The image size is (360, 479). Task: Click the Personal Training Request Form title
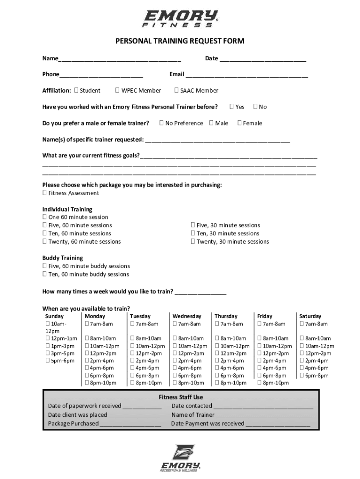pyautogui.click(x=180, y=42)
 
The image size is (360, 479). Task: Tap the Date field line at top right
pyautogui.click(x=263, y=59)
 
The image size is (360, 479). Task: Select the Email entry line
pyautogui.click(x=246, y=75)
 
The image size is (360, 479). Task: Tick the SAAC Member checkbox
pyautogui.click(x=176, y=90)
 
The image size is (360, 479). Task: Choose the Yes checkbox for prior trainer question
pyautogui.click(x=231, y=107)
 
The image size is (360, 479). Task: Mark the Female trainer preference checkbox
pyautogui.click(x=239, y=123)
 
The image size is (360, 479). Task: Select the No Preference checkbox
pyautogui.click(x=161, y=123)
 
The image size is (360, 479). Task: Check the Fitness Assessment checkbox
pyautogui.click(x=44, y=193)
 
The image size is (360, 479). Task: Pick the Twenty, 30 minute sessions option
pyautogui.click(x=193, y=241)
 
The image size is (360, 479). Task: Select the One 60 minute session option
pyautogui.click(x=44, y=217)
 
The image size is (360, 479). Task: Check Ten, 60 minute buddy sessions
pyautogui.click(x=44, y=274)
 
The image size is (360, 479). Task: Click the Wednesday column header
pyautogui.click(x=187, y=316)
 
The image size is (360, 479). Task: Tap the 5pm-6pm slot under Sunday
pyautogui.click(x=48, y=361)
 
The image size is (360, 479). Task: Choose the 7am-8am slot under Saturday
pyautogui.click(x=302, y=324)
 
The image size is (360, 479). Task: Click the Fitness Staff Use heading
pyautogui.click(x=180, y=397)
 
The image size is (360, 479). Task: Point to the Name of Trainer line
pyautogui.click(x=264, y=415)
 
